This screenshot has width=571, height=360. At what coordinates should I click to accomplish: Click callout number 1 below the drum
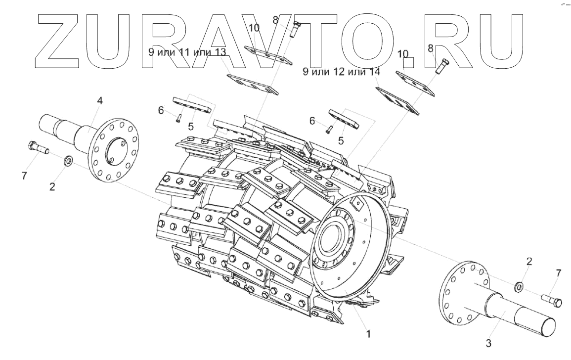[367, 334]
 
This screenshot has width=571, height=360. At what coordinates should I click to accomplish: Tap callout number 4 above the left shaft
[100, 101]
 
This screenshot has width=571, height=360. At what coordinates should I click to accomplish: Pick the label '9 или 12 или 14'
[341, 72]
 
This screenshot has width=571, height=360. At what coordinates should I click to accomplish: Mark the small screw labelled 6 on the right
[328, 130]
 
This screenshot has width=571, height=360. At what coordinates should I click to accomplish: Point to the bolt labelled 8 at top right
[440, 65]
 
